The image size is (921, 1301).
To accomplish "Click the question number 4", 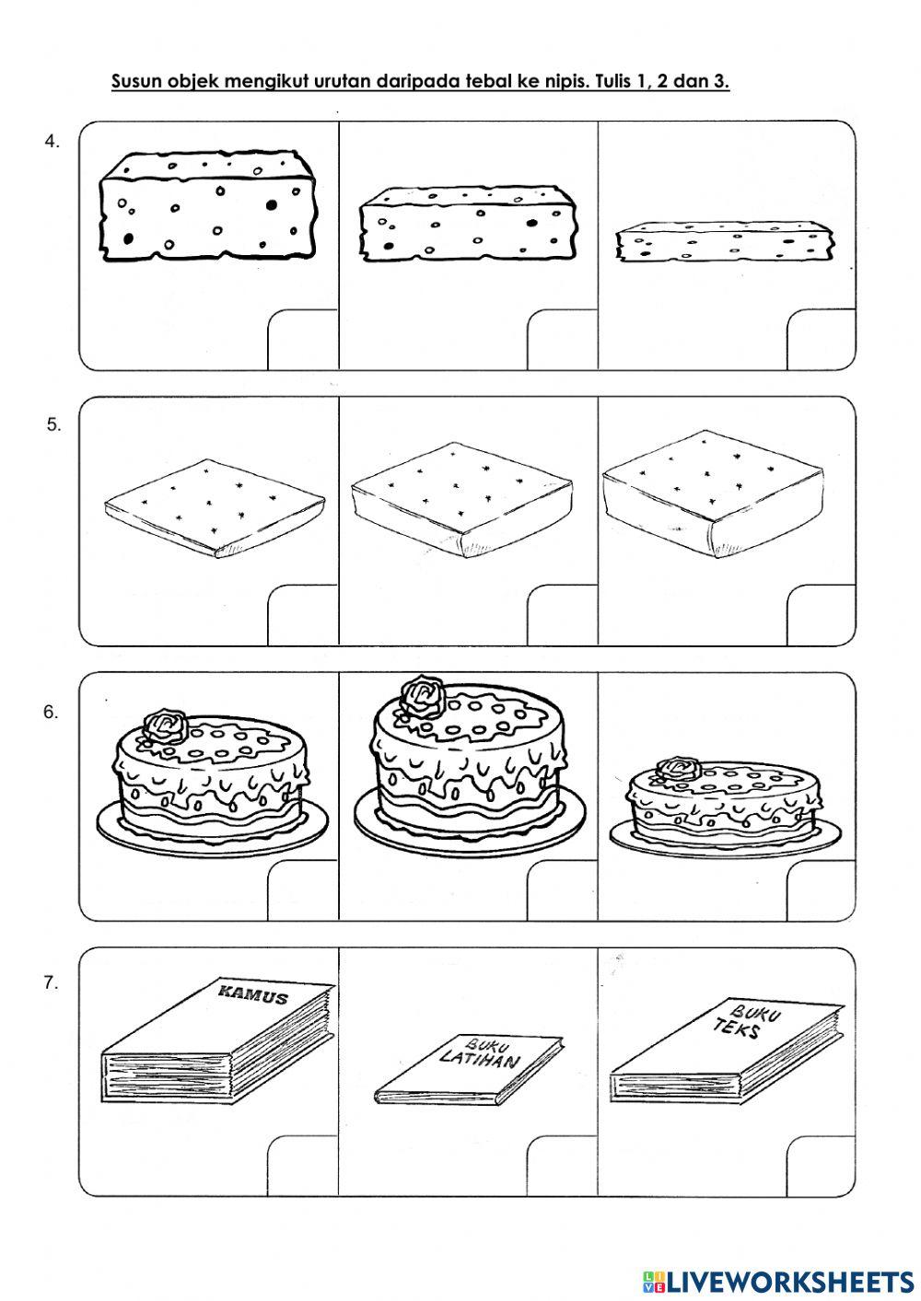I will [52, 142].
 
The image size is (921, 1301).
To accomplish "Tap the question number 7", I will [52, 982].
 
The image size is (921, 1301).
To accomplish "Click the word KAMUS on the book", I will [252, 994].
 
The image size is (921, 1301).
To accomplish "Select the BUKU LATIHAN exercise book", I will [470, 1067].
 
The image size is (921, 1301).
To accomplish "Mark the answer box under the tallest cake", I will [562, 891].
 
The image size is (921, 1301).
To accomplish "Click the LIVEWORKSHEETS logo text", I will [778, 1281].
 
